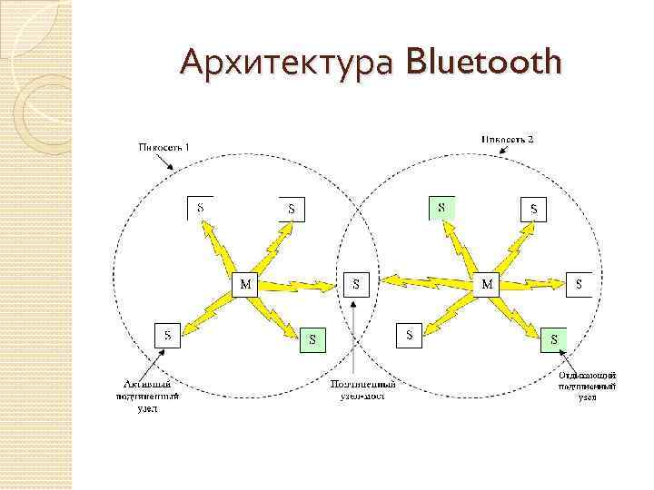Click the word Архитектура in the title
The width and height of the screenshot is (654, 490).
tap(289, 64)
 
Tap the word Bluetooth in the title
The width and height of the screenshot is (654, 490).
tap(485, 64)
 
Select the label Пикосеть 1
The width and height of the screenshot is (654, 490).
tap(163, 146)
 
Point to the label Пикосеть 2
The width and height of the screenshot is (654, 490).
tap(507, 138)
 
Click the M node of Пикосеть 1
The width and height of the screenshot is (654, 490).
tap(245, 284)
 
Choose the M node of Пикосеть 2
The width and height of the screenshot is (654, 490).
tap(488, 284)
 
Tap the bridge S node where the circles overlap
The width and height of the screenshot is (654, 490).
tap(356, 283)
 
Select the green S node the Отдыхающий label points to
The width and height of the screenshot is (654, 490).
tap(553, 339)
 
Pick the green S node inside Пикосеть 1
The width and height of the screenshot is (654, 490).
tap(312, 339)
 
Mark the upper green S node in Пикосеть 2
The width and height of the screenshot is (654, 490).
tap(442, 208)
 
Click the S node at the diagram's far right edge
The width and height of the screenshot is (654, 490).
tap(579, 283)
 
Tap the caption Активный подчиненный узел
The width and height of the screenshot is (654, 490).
tap(148, 396)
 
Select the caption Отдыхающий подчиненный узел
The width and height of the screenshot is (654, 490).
tap(587, 386)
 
